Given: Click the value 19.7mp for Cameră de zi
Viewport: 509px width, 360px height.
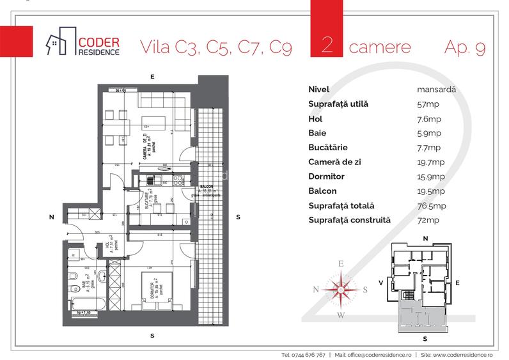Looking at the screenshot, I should [430, 162].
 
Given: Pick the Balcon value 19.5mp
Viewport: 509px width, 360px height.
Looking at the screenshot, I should [430, 191].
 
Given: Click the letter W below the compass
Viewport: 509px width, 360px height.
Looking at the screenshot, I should [341, 315].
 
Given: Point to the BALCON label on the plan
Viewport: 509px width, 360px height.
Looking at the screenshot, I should [205, 186].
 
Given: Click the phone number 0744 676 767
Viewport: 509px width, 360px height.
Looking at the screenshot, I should [303, 354].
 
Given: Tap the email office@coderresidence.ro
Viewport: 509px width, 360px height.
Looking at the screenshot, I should [379, 354].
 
